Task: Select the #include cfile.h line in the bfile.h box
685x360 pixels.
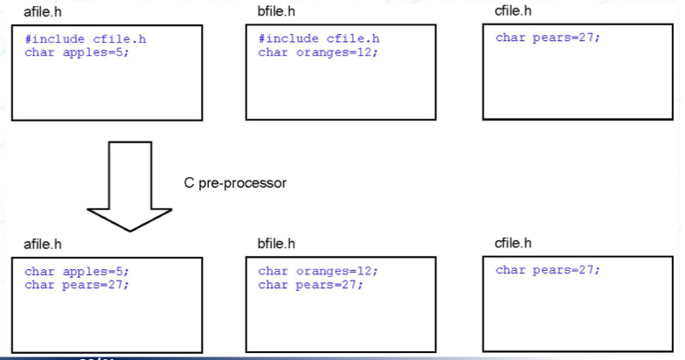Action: tap(319, 39)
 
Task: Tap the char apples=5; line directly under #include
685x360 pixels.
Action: tap(76, 52)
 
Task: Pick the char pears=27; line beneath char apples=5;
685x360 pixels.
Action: tap(76, 284)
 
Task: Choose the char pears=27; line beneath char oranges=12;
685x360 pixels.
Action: tap(310, 284)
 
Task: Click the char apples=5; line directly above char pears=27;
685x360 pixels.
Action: tap(76, 271)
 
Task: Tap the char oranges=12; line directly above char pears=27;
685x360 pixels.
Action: tap(317, 271)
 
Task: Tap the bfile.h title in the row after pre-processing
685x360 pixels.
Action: tap(277, 244)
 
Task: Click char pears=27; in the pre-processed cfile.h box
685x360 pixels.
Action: tap(547, 270)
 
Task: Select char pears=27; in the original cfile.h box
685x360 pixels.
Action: tap(547, 38)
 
